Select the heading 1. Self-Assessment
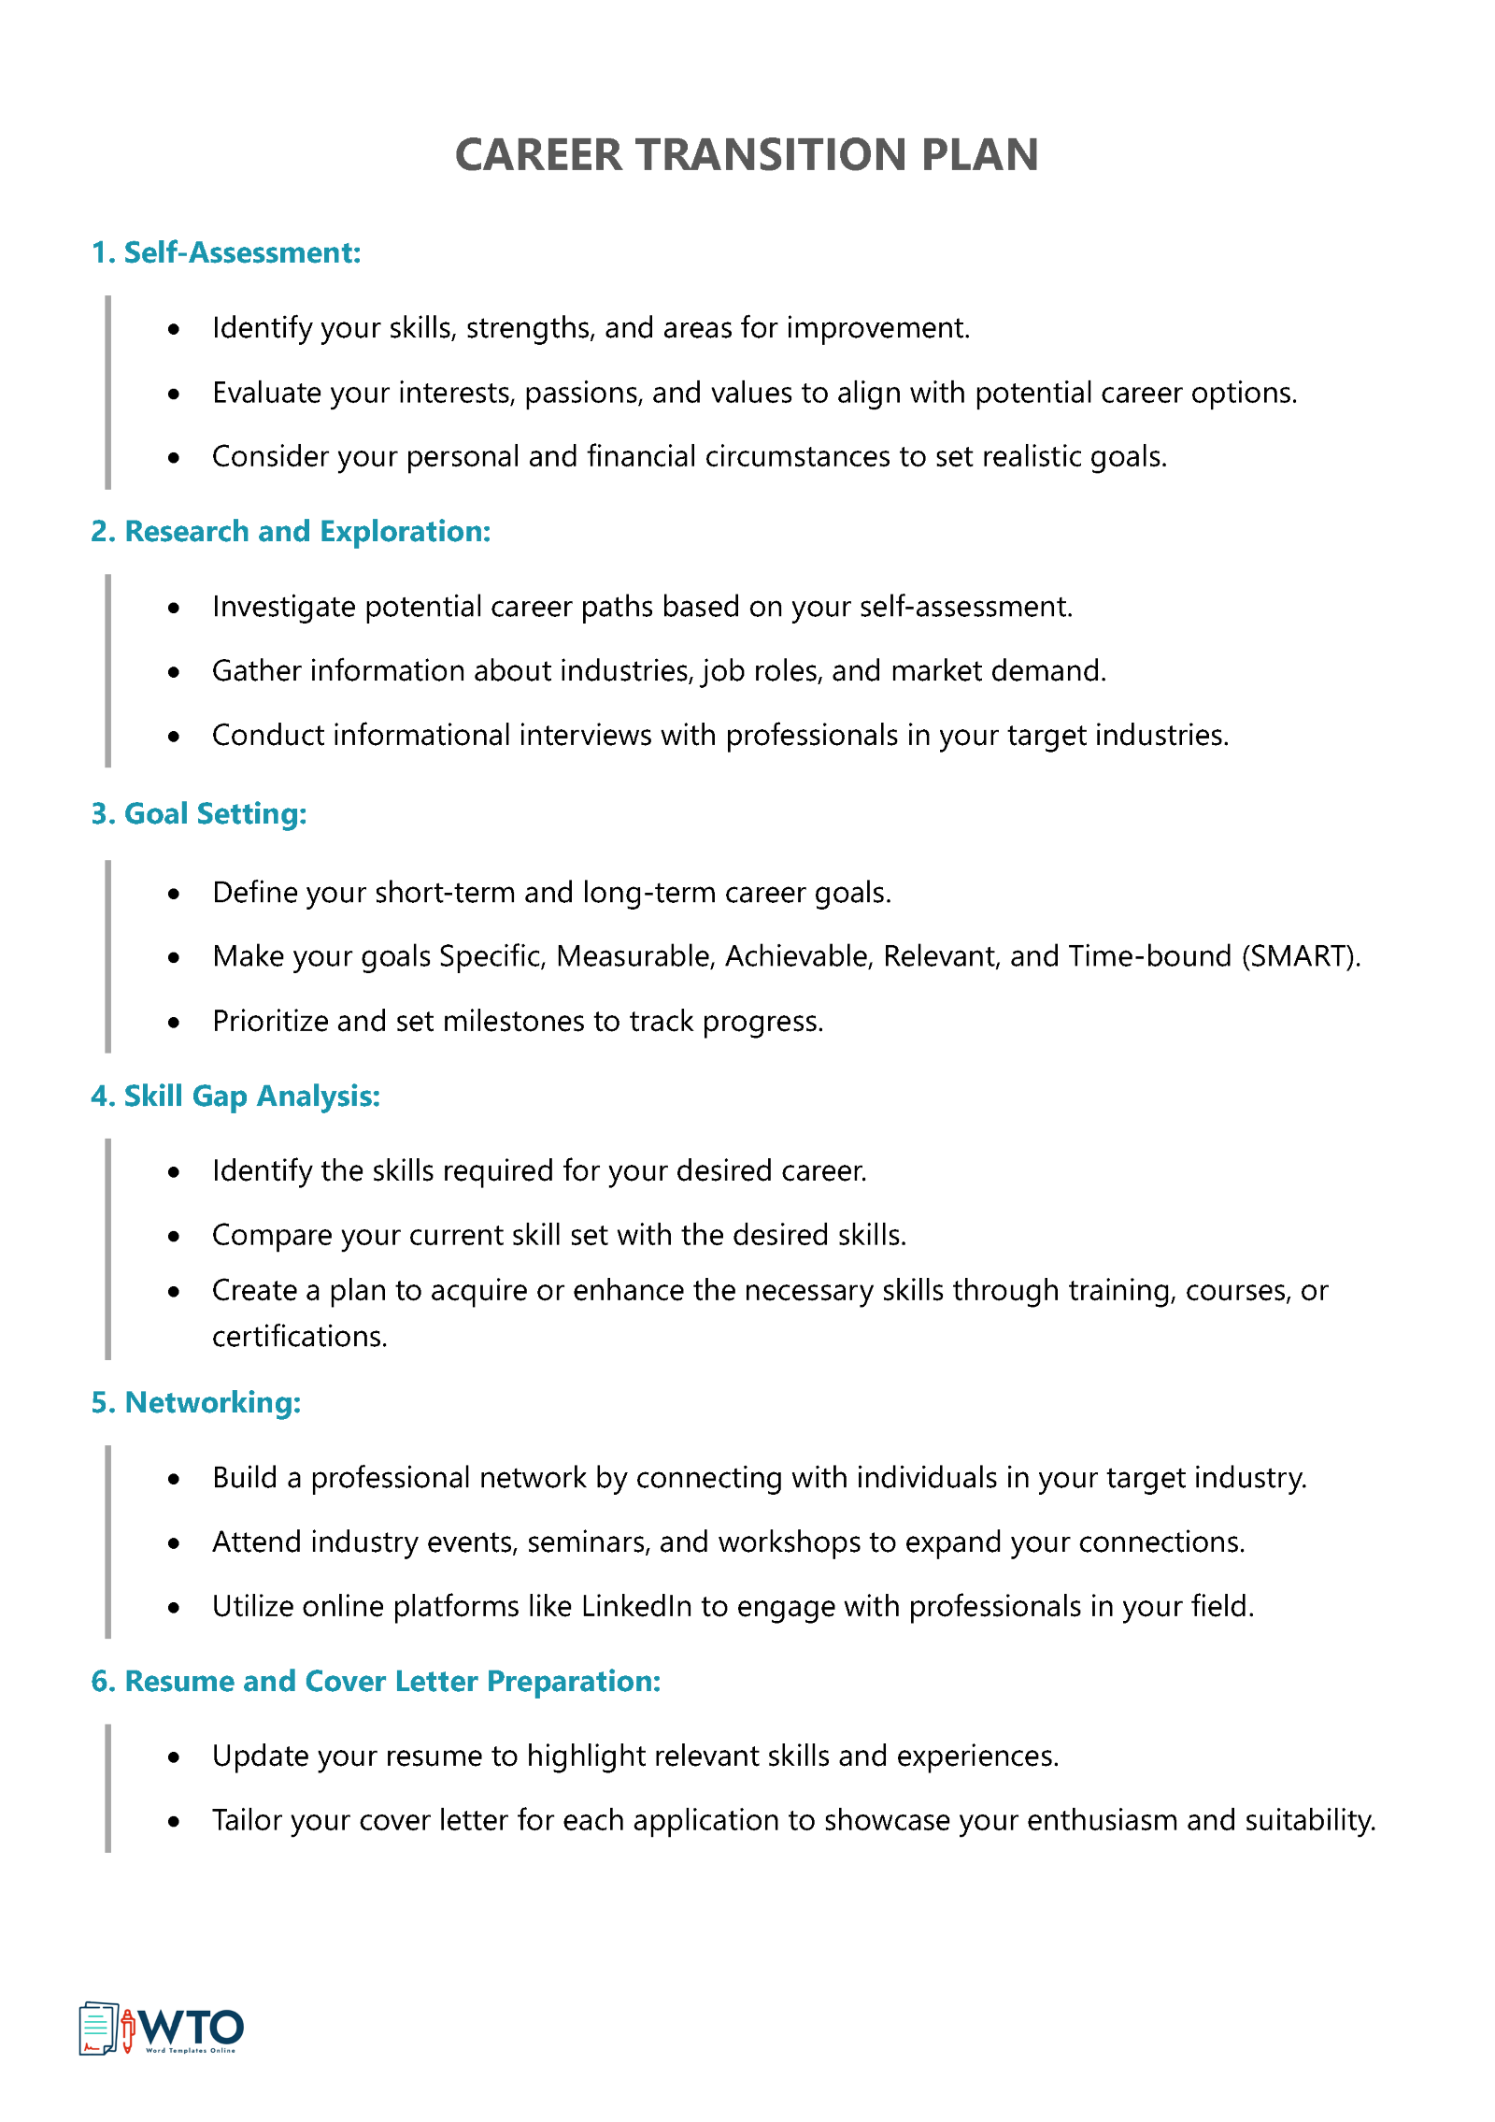[226, 252]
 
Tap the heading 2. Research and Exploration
[291, 531]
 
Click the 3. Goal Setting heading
[199, 813]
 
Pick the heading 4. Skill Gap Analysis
[235, 1096]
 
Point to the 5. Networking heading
[196, 1402]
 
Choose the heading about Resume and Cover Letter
[376, 1681]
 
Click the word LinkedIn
[636, 1606]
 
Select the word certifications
[299, 1337]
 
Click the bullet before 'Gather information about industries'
[174, 672]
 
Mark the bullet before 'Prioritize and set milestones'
[174, 1023]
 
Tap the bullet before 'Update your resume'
[174, 1757]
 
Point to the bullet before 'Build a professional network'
[174, 1479]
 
